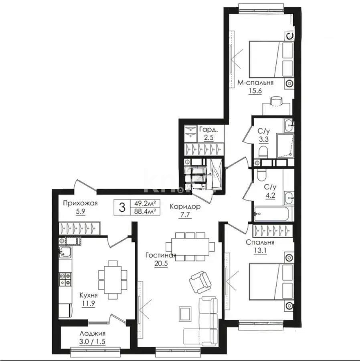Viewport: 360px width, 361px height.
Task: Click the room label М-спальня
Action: [x=255, y=83]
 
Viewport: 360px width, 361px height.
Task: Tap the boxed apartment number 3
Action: [x=122, y=208]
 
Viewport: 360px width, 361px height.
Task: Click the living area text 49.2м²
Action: [x=145, y=204]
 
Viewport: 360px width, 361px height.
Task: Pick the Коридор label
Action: [x=185, y=207]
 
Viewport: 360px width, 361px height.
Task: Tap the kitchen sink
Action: [x=65, y=252]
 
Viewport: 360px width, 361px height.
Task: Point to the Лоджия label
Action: [x=92, y=334]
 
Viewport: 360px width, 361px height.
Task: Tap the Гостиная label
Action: [x=161, y=256]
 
